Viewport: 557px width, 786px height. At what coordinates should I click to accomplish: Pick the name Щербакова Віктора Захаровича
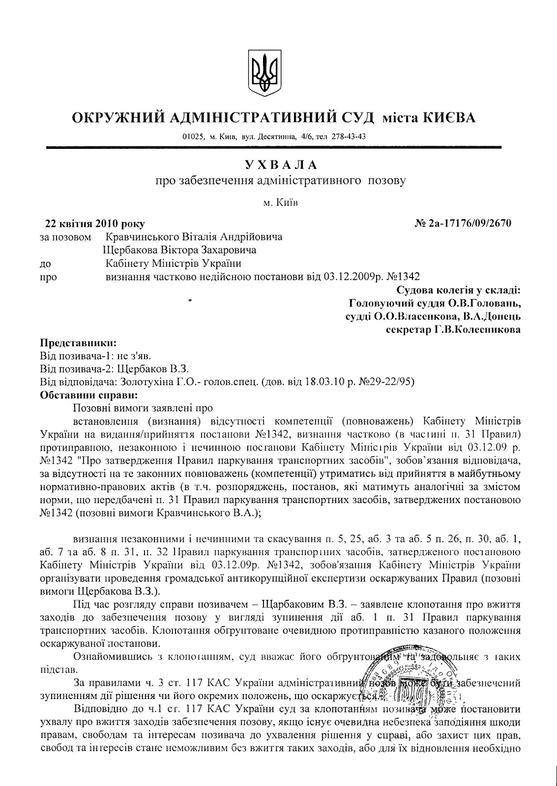tap(179, 250)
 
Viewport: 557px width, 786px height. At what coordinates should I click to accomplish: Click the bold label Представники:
tap(79, 343)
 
